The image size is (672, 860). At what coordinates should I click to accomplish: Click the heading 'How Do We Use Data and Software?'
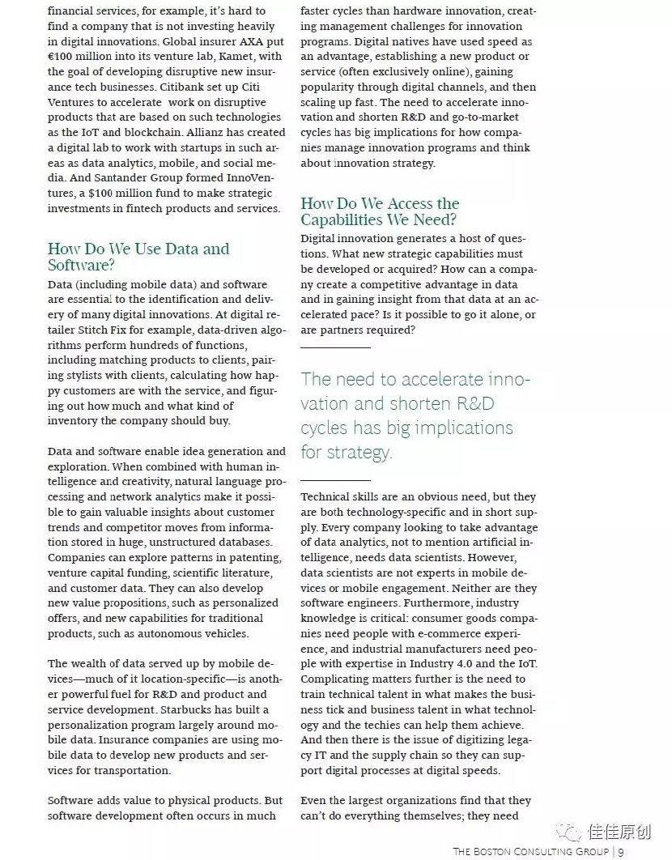(138, 257)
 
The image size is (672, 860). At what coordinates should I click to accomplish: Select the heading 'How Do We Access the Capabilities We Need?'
(380, 211)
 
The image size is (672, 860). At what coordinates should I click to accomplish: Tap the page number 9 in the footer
(620, 851)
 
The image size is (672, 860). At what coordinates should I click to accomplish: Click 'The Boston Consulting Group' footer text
(532, 851)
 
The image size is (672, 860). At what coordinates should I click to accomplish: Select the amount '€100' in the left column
(63, 57)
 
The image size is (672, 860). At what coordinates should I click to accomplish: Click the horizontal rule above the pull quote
(335, 347)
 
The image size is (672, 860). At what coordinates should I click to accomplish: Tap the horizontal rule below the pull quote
(335, 479)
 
